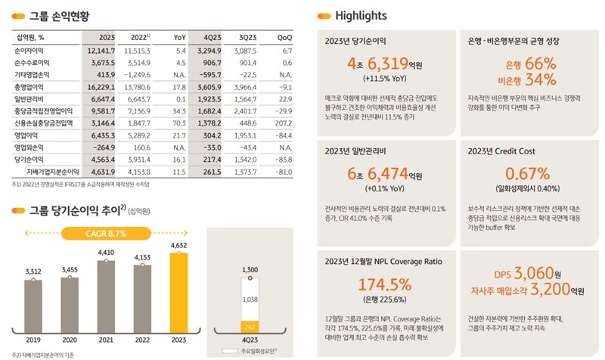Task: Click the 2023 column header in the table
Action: coord(106,36)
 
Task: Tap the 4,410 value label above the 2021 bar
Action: coord(106,253)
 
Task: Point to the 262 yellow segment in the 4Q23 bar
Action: coord(250,326)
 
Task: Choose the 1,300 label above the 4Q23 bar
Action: coord(250,268)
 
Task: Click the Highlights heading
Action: coord(361,16)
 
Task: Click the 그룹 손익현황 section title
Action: coord(57,16)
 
